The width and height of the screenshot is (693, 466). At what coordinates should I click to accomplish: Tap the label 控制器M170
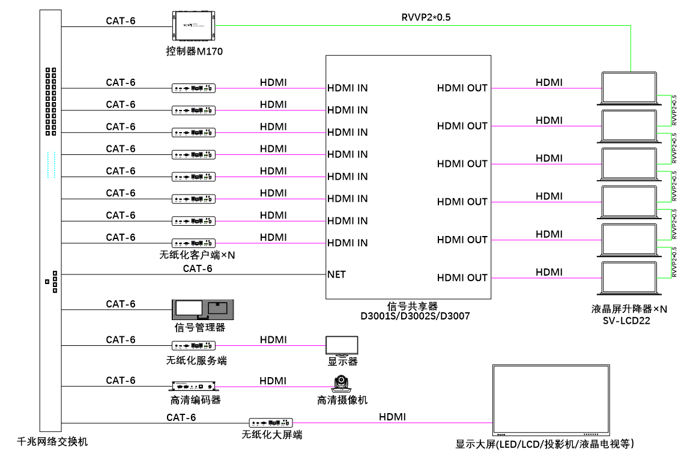click(194, 51)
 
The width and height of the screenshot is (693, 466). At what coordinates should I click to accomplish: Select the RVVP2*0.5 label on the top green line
click(426, 17)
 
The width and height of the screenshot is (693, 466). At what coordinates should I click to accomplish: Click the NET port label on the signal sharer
click(336, 274)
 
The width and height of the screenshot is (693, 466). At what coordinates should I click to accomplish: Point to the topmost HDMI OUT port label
click(462, 88)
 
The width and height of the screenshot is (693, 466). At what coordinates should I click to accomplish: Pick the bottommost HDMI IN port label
click(347, 243)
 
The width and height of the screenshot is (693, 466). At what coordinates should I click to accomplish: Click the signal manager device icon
click(202, 309)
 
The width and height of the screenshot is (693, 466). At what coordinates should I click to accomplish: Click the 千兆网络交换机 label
click(53, 441)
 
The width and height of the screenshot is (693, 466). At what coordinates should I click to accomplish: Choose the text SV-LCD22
click(626, 321)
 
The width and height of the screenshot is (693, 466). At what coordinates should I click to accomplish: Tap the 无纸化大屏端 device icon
click(271, 422)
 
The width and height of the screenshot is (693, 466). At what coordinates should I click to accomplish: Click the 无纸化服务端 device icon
click(194, 346)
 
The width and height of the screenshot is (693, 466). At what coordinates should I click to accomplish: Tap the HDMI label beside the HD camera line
click(273, 381)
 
